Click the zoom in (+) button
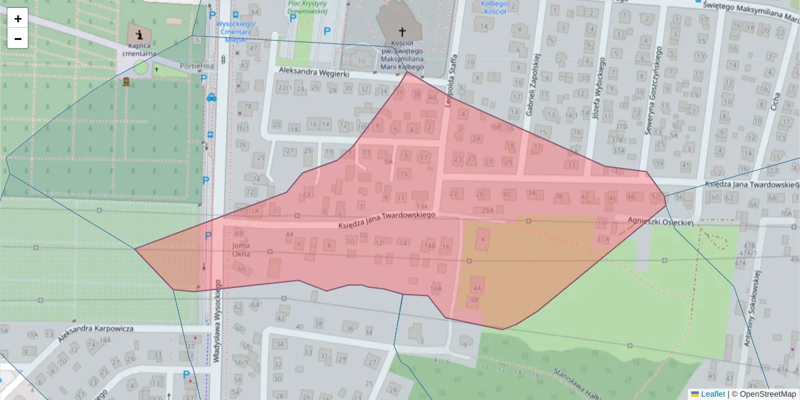coord(18,19)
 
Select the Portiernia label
coord(196,66)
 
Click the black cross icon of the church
coord(402,31)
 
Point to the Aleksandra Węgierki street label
coord(314,73)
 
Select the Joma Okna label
coord(240,249)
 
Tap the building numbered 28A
coord(488,210)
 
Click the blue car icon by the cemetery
coord(211,97)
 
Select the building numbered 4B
coord(474,301)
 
